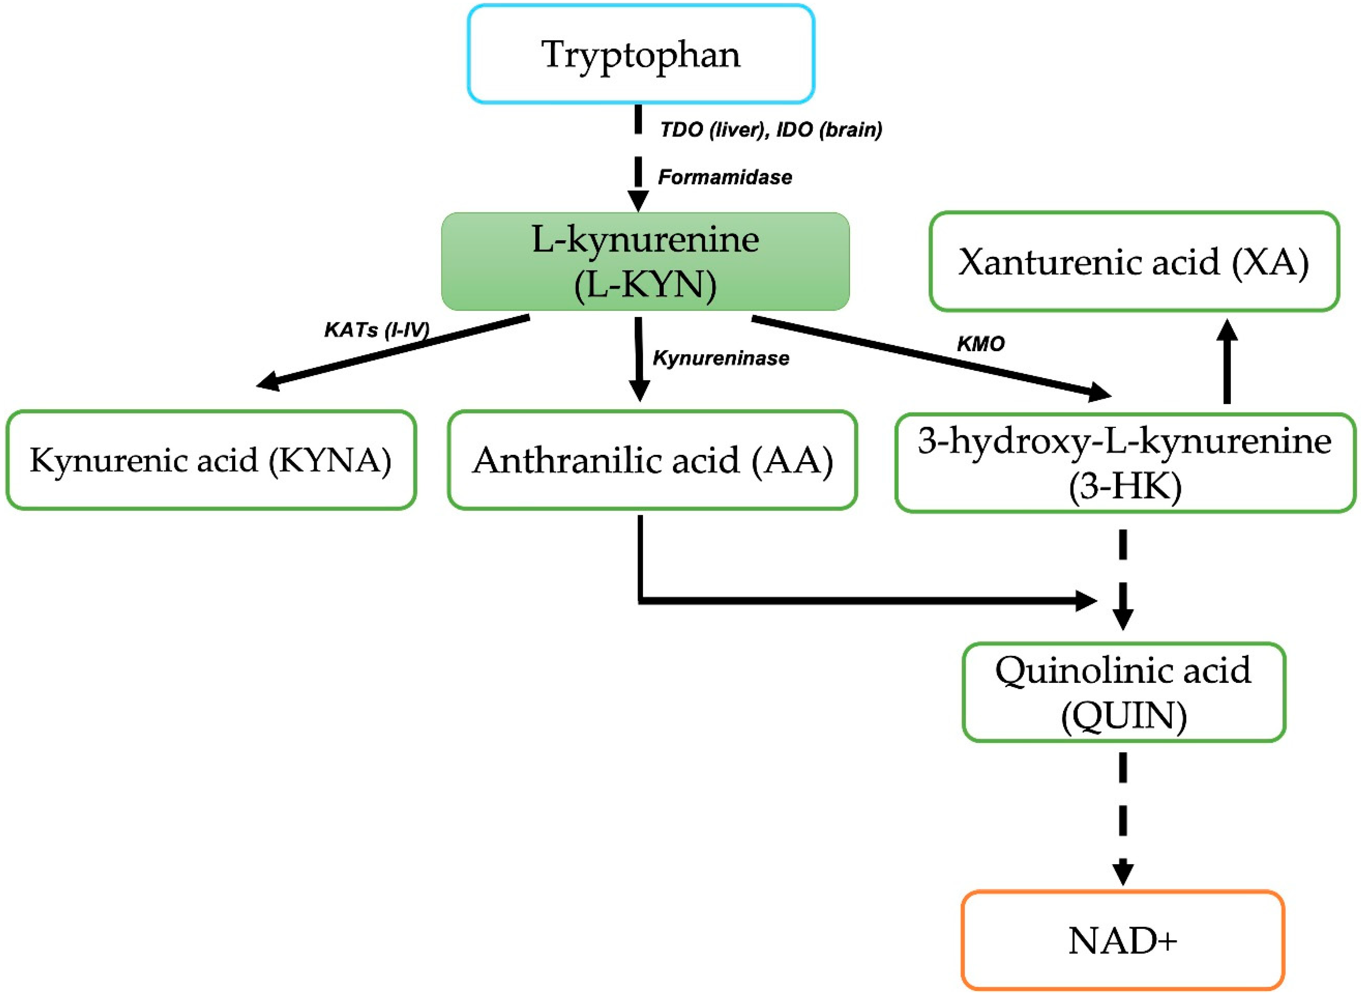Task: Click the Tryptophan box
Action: pyautogui.click(x=641, y=54)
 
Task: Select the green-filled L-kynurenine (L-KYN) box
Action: pyautogui.click(x=645, y=262)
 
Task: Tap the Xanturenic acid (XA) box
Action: pyautogui.click(x=1134, y=262)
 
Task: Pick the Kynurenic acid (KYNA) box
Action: pyautogui.click(x=211, y=460)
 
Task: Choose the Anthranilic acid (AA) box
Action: pyautogui.click(x=652, y=460)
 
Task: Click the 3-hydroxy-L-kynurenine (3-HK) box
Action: pyautogui.click(x=1125, y=463)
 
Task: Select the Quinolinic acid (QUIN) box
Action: pyautogui.click(x=1124, y=692)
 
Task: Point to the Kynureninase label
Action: pyautogui.click(x=721, y=358)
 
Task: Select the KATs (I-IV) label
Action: pyautogui.click(x=377, y=330)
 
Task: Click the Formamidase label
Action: pyautogui.click(x=725, y=177)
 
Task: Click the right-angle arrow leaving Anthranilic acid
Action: pyautogui.click(x=844, y=600)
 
